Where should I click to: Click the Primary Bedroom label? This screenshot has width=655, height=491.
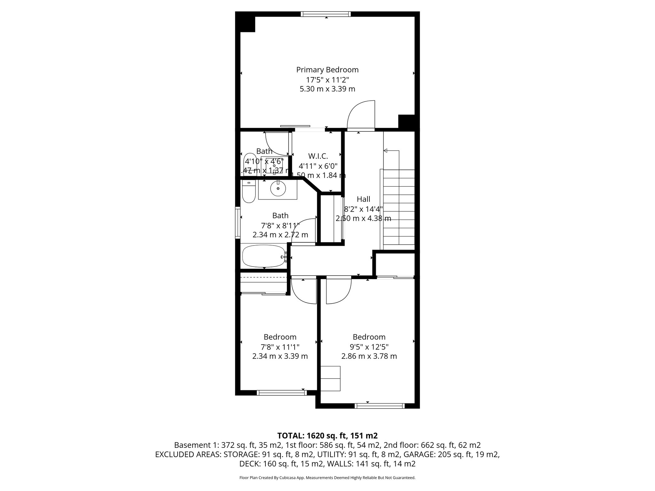327,70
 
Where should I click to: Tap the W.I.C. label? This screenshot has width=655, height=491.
318,156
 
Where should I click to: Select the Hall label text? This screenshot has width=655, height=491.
363,199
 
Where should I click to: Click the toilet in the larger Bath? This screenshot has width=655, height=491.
249,192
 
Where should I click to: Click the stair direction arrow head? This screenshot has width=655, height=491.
385,151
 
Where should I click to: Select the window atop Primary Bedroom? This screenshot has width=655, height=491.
326,14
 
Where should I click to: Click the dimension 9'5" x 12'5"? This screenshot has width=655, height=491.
369,347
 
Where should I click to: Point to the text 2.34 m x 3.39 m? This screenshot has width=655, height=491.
280,356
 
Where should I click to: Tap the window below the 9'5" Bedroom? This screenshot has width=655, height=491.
380,406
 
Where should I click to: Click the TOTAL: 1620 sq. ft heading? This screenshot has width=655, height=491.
327,435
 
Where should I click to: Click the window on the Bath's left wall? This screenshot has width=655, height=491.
238,222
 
